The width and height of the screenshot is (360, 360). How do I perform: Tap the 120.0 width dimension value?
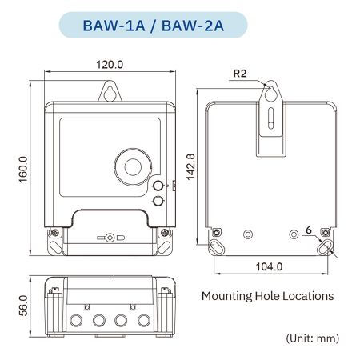pos(110,64)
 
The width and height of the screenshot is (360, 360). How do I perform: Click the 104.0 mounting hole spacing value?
pos(270,266)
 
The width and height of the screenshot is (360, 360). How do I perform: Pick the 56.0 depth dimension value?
pos(24,306)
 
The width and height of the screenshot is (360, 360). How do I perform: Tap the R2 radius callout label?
pos(238,74)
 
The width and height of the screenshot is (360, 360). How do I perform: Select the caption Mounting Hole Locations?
pos(267,296)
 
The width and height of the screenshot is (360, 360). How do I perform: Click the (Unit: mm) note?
pos(313,338)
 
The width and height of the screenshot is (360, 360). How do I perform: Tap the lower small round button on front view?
pos(157,201)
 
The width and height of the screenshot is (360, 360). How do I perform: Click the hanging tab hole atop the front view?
pos(110,94)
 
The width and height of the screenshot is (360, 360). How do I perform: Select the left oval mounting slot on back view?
pos(217,247)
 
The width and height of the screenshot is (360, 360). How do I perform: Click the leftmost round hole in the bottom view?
pos(77,322)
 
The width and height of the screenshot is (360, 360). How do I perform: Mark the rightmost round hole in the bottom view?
pos(143,322)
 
